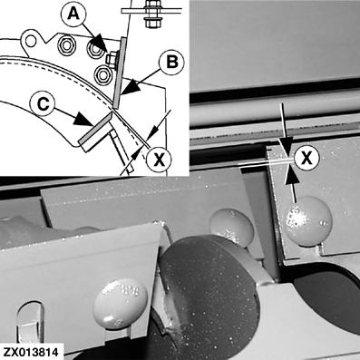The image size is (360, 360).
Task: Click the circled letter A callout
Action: pyautogui.click(x=74, y=14)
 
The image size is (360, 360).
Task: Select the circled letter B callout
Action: pyautogui.click(x=172, y=63)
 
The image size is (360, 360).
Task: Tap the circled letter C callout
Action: pyautogui.click(x=44, y=103)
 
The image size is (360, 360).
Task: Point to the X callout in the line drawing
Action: pyautogui.click(x=159, y=159)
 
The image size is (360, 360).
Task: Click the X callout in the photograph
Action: pyautogui.click(x=307, y=158)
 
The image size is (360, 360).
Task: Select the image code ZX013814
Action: pyautogui.click(x=30, y=352)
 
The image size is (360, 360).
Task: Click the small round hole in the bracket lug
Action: pyautogui.click(x=31, y=41)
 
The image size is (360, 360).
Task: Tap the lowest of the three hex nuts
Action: pyautogui.click(x=102, y=74)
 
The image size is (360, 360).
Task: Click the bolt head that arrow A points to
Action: pyautogui.click(x=112, y=58)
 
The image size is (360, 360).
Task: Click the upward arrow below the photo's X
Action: pyautogui.click(x=293, y=182)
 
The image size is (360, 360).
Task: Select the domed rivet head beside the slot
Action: pyautogui.click(x=121, y=304)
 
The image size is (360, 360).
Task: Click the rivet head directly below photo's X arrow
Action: pyautogui.click(x=307, y=220)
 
